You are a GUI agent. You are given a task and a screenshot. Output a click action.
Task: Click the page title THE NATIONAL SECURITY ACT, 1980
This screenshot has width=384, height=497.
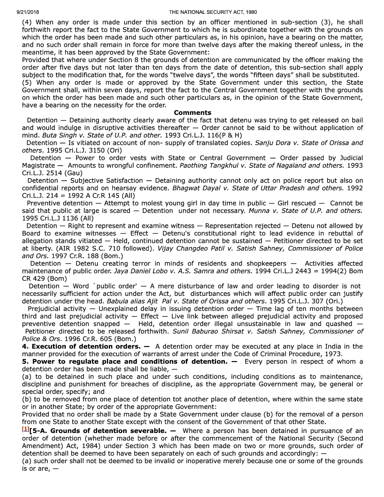click(213, 12)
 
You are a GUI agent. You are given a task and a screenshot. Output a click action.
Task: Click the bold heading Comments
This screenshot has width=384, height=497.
click(192, 113)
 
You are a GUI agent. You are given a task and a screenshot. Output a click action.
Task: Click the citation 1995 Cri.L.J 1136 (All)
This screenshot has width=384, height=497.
click(58, 218)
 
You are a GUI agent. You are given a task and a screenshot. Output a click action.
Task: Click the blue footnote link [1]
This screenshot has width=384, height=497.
click(25, 429)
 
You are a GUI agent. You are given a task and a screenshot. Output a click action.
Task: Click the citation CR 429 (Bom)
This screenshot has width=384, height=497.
click(44, 278)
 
